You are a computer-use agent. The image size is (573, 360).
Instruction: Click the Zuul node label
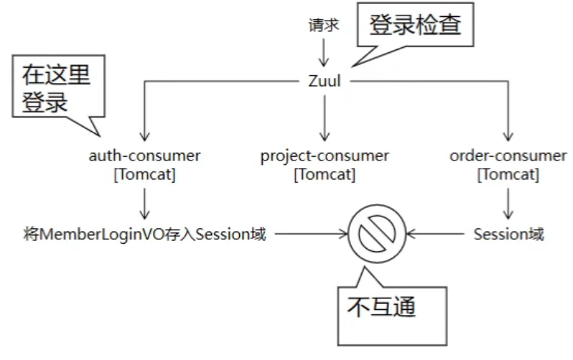click(324, 81)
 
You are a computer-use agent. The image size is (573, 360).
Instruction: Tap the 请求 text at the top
click(324, 24)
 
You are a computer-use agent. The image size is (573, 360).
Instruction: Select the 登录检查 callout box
click(415, 27)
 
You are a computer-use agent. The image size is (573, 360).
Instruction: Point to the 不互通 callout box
click(386, 306)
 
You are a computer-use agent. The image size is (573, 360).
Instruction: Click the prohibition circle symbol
click(377, 235)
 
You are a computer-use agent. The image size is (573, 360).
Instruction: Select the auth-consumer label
click(144, 156)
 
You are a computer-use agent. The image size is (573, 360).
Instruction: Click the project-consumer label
click(324, 156)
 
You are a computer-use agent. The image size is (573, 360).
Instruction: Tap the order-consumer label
click(508, 156)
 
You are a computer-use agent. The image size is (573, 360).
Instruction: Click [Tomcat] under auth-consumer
click(144, 174)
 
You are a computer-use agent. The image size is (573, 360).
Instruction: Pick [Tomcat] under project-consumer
click(324, 174)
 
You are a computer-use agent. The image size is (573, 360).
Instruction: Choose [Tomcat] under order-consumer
click(508, 174)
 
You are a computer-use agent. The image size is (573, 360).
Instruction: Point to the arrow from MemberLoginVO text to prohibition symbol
click(309, 235)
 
